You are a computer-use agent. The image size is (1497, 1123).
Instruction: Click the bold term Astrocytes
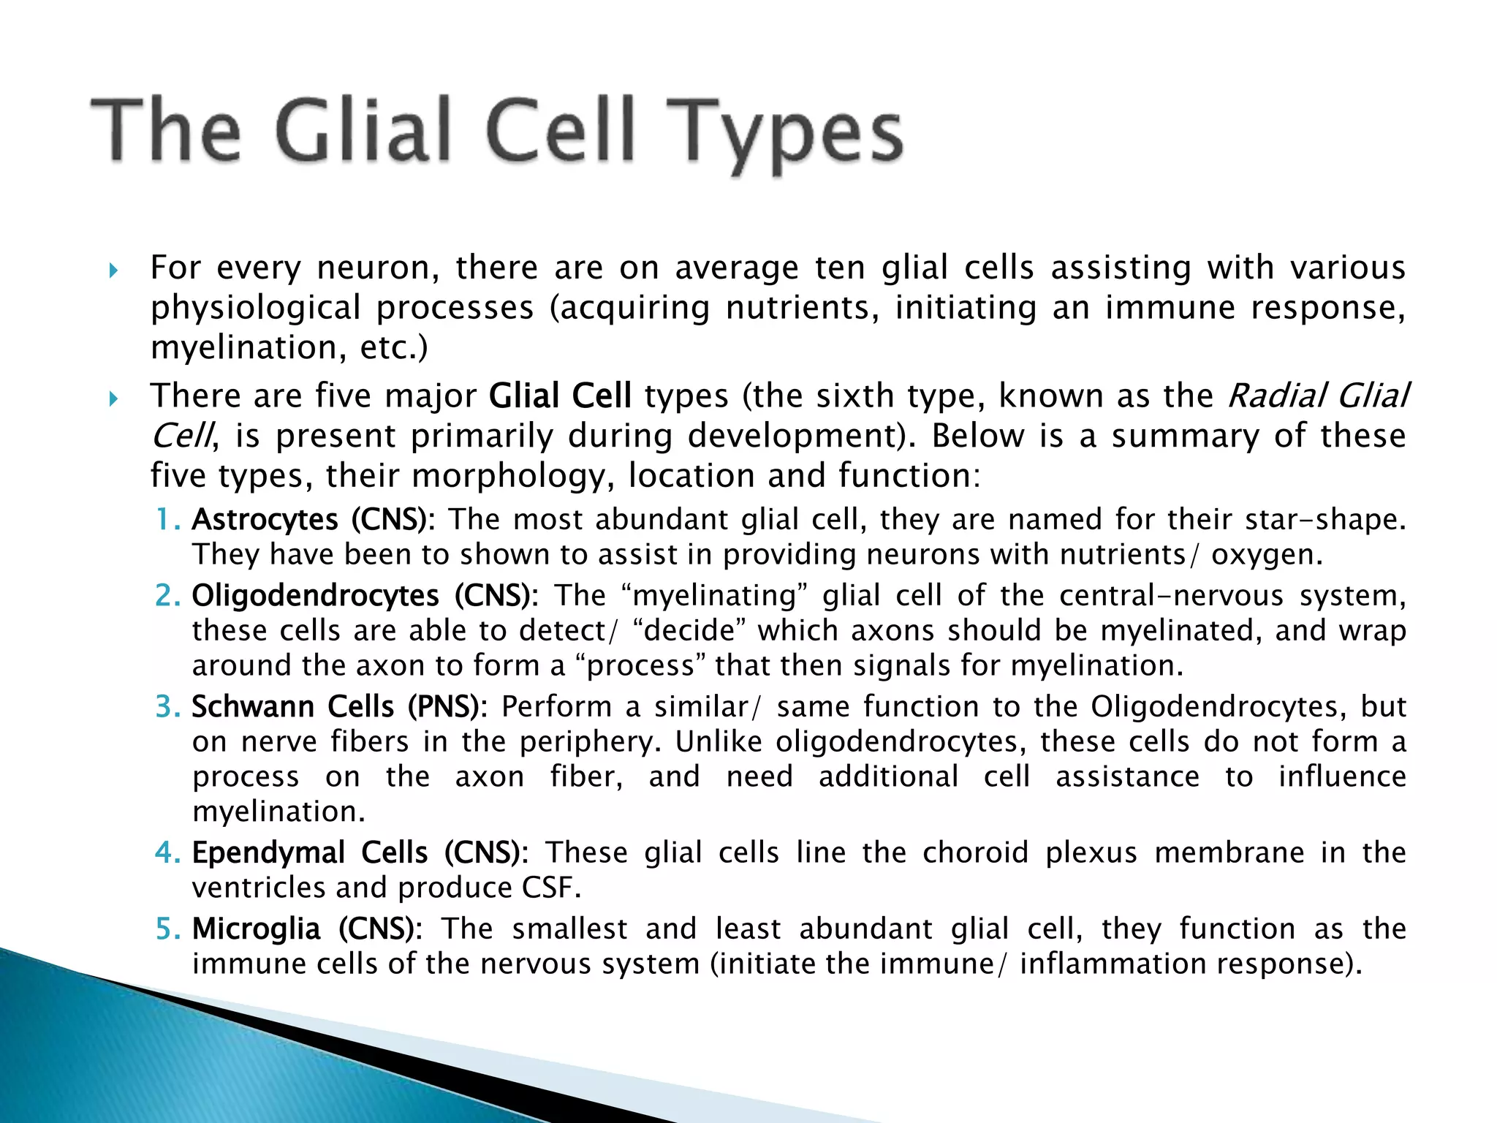coord(265,520)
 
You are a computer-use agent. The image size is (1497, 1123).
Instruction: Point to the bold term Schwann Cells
coord(292,707)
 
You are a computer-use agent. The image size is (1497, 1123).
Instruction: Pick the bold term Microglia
coord(256,929)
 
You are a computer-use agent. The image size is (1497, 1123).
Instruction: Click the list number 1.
coord(167,520)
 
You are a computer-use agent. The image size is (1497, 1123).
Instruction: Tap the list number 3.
coord(167,707)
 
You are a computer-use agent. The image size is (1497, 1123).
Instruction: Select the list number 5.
coord(167,929)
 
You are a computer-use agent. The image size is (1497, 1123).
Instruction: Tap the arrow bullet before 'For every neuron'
coord(113,271)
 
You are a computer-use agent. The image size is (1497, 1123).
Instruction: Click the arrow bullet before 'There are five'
coord(113,398)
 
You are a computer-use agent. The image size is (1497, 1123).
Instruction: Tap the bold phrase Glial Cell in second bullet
coord(560,396)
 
